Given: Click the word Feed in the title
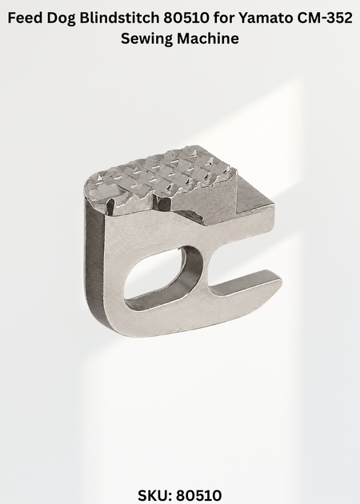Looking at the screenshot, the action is [26, 18].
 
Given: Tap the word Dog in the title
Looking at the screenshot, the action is [61, 18].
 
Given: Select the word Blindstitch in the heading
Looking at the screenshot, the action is [119, 18].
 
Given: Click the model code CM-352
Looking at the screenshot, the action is [324, 18].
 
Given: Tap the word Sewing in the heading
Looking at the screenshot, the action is [147, 39].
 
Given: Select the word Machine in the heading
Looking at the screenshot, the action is [208, 38].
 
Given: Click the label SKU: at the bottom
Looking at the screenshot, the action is [156, 495].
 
